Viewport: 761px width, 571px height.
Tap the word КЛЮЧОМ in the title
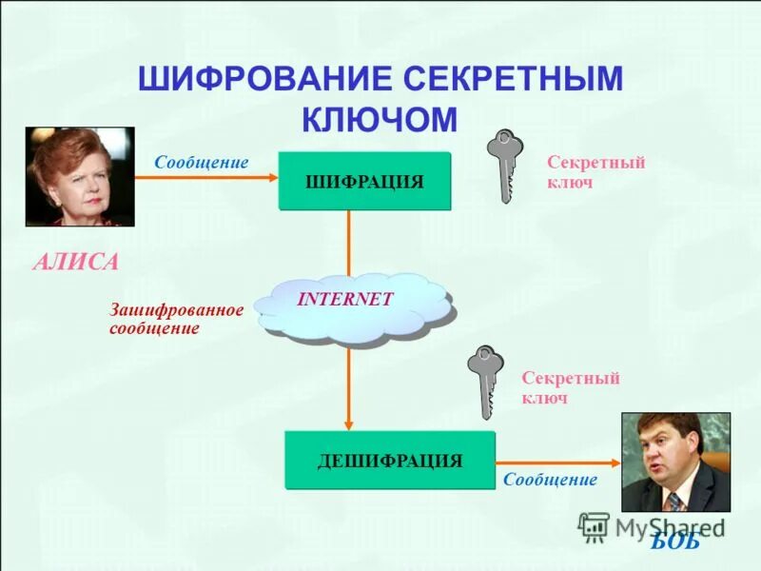pyautogui.click(x=380, y=119)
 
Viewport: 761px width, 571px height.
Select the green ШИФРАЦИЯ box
pyautogui.click(x=364, y=181)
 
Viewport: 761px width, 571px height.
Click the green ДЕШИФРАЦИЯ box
pyautogui.click(x=390, y=461)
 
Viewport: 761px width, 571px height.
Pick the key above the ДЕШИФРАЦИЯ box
pyautogui.click(x=485, y=382)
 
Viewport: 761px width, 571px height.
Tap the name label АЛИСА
pyautogui.click(x=75, y=262)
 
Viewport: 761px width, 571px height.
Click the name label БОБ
pyautogui.click(x=675, y=541)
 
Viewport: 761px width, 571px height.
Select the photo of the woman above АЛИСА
pyautogui.click(x=80, y=176)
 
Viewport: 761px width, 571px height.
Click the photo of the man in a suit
pyautogui.click(x=675, y=462)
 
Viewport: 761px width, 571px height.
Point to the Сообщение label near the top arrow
pyautogui.click(x=202, y=163)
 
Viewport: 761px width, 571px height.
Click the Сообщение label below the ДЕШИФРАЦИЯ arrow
pyautogui.click(x=550, y=481)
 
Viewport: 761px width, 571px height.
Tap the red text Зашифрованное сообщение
pyautogui.click(x=177, y=319)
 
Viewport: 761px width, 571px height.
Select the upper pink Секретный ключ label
pyautogui.click(x=596, y=172)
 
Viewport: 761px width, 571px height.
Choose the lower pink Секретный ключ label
pyautogui.click(x=571, y=388)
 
